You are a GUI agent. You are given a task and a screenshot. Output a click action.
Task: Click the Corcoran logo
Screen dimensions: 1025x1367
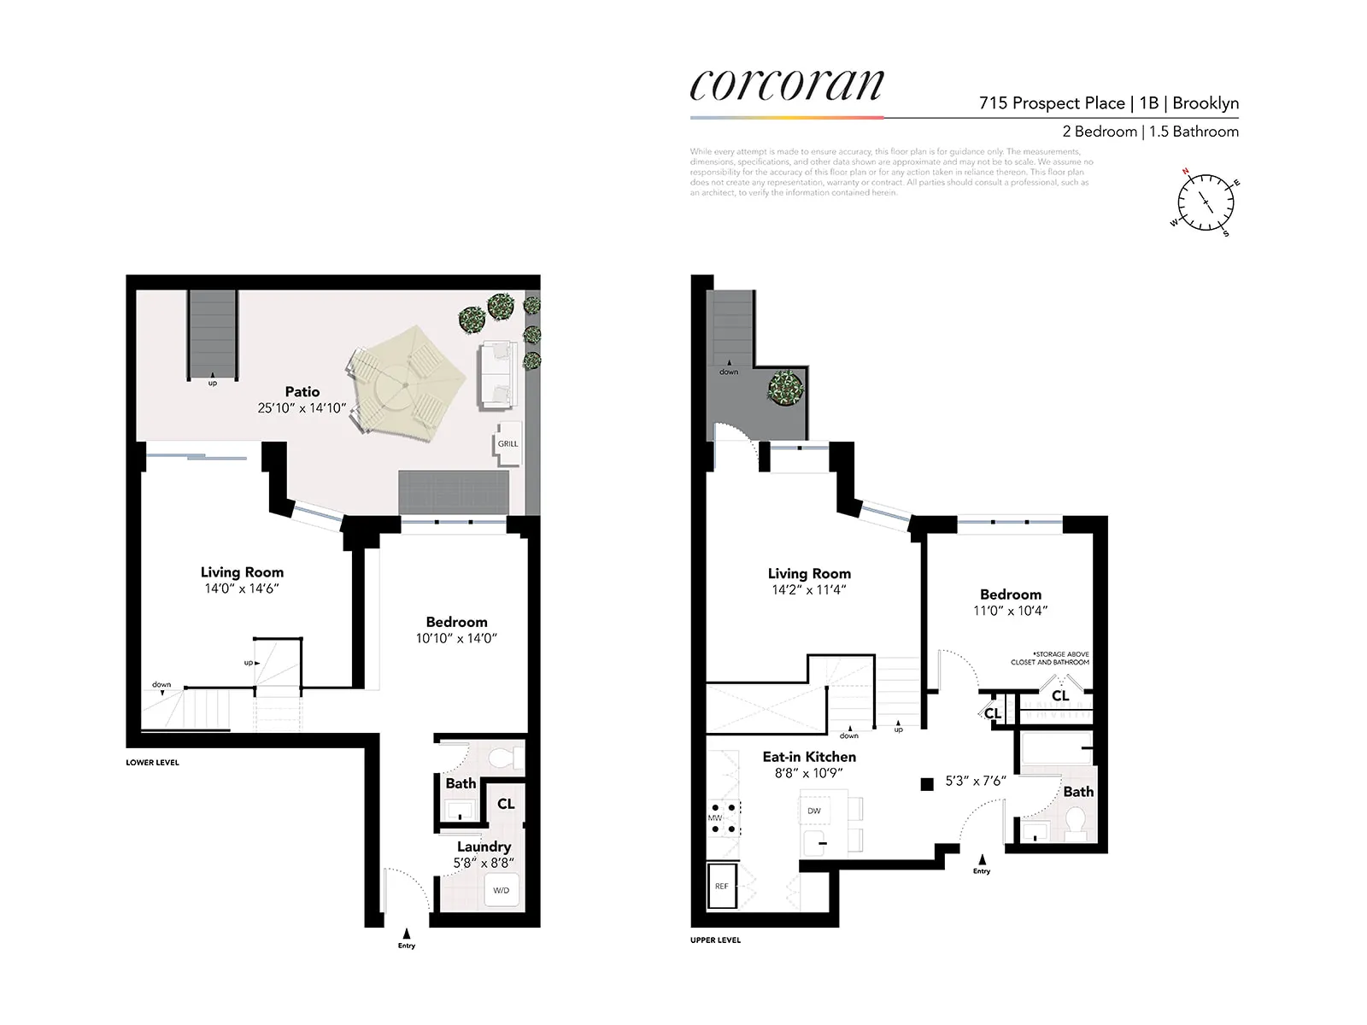click(786, 85)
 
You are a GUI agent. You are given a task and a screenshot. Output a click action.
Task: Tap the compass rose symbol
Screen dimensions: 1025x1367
click(1206, 203)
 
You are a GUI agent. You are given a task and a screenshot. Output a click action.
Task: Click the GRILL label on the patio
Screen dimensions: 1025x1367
click(507, 444)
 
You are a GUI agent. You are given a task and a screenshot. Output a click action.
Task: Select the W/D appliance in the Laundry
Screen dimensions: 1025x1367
click(501, 890)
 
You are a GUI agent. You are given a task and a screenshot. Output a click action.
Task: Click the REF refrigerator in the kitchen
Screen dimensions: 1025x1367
click(722, 887)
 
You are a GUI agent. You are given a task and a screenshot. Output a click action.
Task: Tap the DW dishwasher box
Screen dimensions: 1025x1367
click(814, 811)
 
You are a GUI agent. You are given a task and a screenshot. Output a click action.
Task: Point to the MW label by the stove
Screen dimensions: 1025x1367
click(714, 818)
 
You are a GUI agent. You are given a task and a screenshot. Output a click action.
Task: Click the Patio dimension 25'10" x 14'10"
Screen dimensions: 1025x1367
click(302, 408)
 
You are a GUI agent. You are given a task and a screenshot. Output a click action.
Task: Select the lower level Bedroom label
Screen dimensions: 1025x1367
click(456, 622)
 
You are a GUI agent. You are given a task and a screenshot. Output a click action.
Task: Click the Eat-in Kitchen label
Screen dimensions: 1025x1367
click(808, 757)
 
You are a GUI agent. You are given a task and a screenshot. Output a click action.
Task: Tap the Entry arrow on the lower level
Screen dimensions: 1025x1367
click(407, 934)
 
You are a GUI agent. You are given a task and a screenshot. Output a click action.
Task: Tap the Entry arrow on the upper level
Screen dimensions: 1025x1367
click(982, 859)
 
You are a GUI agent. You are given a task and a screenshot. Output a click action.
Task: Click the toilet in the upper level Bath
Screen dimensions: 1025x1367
click(1075, 823)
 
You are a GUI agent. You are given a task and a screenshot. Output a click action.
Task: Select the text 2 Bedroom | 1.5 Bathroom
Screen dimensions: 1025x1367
click(1150, 132)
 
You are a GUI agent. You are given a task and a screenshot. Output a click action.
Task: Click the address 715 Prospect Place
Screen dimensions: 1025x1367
click(1052, 103)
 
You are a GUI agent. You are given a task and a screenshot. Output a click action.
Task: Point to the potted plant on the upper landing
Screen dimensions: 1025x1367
click(785, 388)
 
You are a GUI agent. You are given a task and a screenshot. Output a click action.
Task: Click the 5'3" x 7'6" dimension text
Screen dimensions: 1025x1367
click(976, 781)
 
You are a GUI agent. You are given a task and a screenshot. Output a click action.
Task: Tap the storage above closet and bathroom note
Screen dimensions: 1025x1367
click(1050, 658)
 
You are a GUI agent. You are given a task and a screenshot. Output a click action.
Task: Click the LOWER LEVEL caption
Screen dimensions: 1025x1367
click(152, 763)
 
